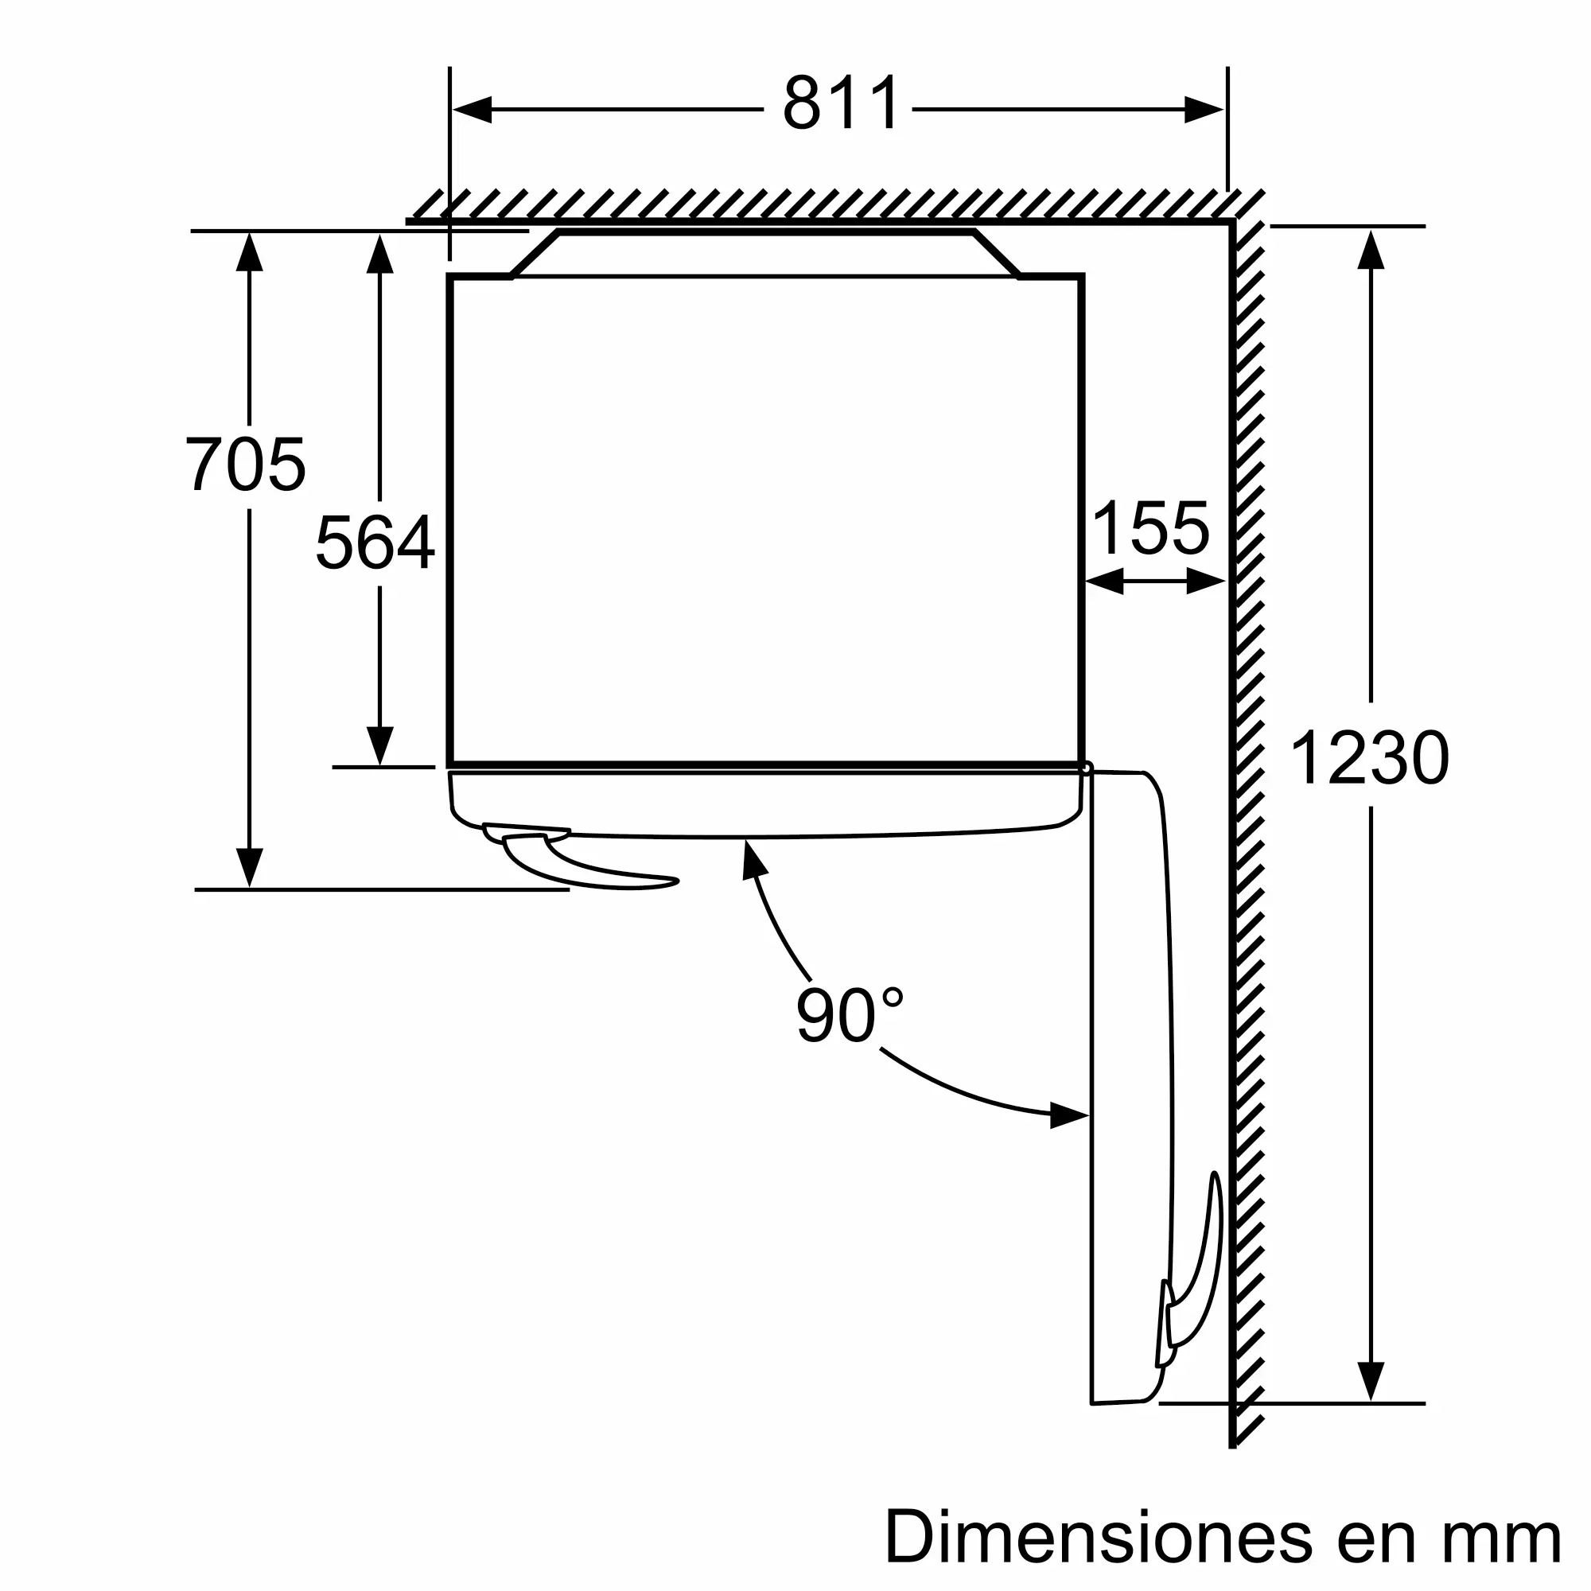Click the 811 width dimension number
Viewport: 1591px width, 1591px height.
point(840,103)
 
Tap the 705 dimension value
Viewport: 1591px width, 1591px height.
point(245,465)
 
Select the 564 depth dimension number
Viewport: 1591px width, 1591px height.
point(375,541)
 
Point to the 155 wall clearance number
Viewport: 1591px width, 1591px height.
point(1150,528)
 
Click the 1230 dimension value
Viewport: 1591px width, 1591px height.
point(1368,758)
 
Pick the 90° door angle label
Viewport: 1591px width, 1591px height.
point(848,1015)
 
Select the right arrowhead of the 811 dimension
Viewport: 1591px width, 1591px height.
point(1203,110)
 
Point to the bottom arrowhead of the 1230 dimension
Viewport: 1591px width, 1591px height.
point(1371,1380)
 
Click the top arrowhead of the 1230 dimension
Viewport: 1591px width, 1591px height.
point(1371,251)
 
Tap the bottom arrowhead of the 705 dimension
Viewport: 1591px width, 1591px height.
point(250,867)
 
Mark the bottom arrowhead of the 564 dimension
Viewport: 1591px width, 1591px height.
point(379,746)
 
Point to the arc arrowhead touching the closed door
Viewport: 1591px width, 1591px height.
point(753,859)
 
